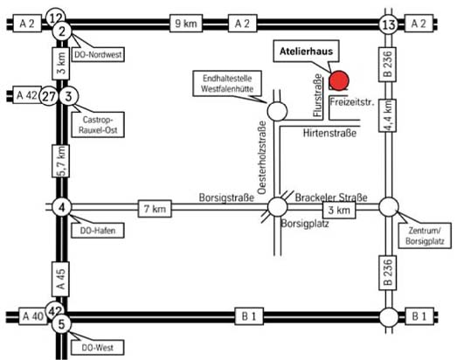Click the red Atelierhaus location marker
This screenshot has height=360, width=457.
[x=339, y=80]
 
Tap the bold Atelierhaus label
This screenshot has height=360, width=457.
[x=306, y=52]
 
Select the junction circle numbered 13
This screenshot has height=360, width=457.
[x=389, y=24]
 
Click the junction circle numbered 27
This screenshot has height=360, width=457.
[x=49, y=96]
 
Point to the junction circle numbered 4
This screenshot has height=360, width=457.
[x=62, y=207]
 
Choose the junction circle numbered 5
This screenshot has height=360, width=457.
[x=62, y=324]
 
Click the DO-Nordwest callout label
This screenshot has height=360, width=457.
[x=98, y=54]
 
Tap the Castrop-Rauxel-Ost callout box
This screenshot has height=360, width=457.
[x=98, y=124]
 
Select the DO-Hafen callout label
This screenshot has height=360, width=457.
[x=98, y=231]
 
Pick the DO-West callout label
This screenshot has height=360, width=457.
[x=98, y=348]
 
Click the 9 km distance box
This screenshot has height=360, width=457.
[x=186, y=24]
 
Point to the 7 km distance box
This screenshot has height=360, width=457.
[x=155, y=209]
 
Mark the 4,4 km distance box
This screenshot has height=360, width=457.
[x=387, y=115]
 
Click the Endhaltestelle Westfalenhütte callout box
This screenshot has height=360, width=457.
[x=227, y=83]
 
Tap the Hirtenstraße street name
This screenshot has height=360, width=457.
[x=329, y=133]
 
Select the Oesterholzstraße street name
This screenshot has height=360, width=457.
[x=262, y=157]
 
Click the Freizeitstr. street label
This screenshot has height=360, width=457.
[x=352, y=102]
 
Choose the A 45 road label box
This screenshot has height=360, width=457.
[x=60, y=279]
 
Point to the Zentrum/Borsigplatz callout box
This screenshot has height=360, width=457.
[x=425, y=236]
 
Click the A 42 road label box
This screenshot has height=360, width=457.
[x=27, y=95]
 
